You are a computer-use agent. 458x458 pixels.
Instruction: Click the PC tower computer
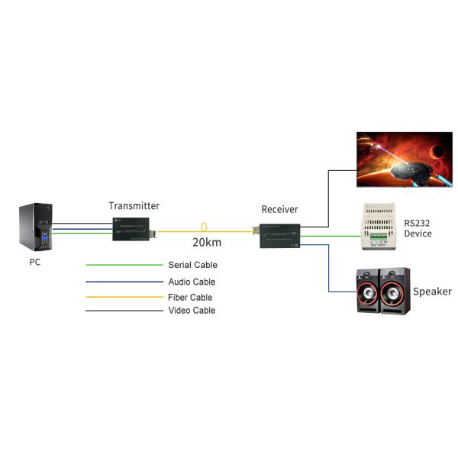(36, 227)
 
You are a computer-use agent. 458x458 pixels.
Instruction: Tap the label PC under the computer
(36, 262)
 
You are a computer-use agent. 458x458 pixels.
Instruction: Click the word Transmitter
(134, 205)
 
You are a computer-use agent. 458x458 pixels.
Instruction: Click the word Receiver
(279, 209)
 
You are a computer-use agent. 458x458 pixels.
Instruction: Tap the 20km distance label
(207, 243)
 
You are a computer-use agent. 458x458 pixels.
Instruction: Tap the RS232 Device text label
(418, 227)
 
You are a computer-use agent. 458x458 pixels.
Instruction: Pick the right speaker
(395, 291)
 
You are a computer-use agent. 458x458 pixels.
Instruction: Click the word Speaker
(432, 292)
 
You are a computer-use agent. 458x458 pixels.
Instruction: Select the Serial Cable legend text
(192, 265)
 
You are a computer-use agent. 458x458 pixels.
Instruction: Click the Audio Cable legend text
(192, 282)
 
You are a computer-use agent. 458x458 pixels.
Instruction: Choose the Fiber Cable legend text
(190, 297)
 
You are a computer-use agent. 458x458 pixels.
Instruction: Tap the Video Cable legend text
(192, 311)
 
